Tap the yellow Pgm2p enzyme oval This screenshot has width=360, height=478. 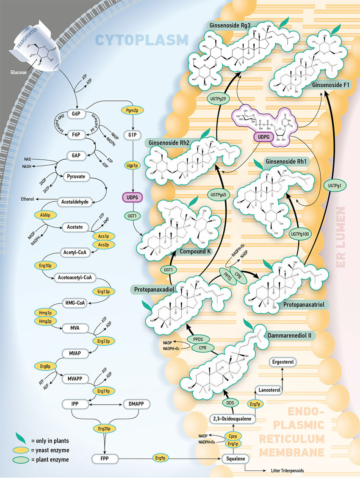(x=133, y=110)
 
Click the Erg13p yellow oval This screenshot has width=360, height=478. (x=102, y=292)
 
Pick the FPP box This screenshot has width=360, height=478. (x=104, y=459)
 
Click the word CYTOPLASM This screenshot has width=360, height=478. (x=141, y=40)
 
